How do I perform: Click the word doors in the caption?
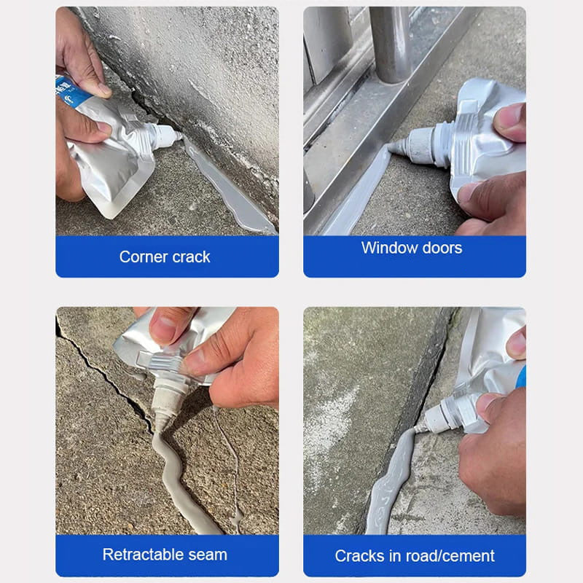tap(441, 248)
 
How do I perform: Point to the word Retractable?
tap(144, 555)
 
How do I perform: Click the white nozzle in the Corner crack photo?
tap(164, 135)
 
